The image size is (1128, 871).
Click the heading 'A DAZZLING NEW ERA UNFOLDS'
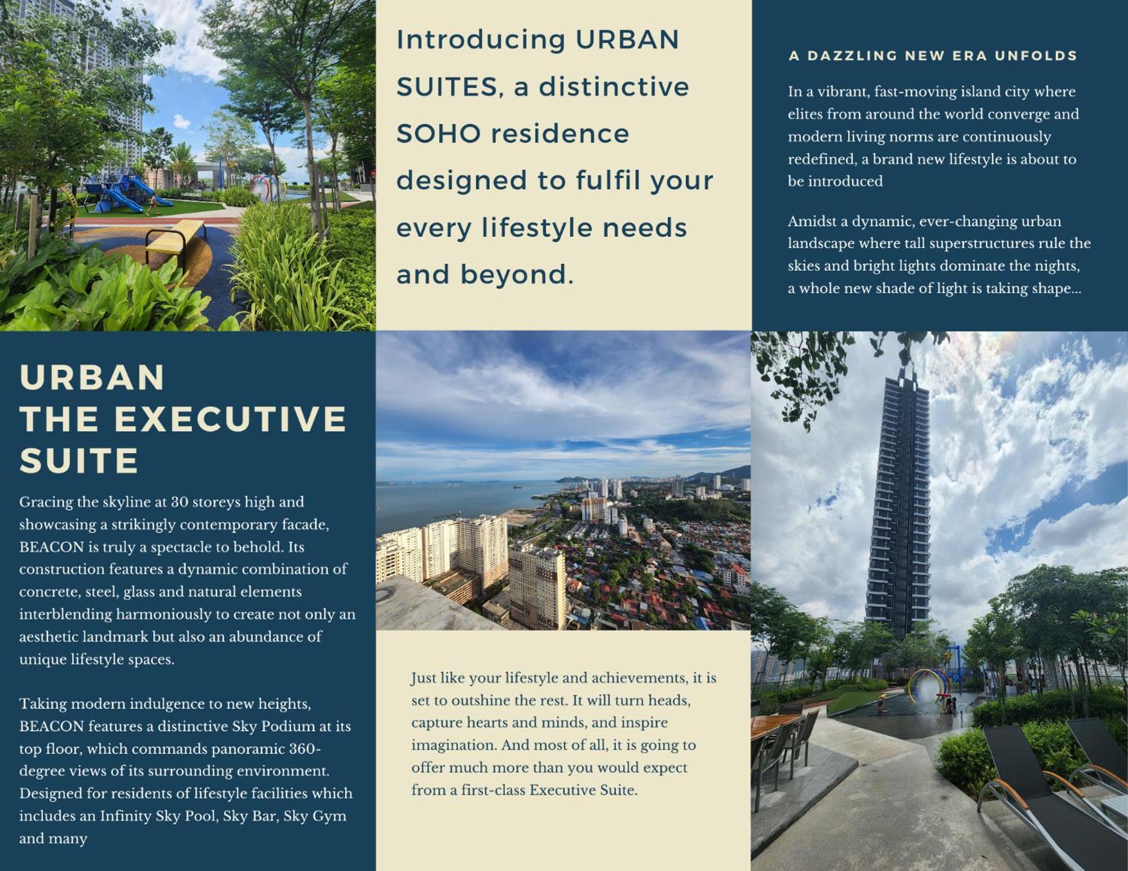(933, 56)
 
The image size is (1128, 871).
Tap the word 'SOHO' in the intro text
(438, 134)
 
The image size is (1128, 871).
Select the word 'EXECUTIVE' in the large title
(231, 419)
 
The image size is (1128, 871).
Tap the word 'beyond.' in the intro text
(517, 275)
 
